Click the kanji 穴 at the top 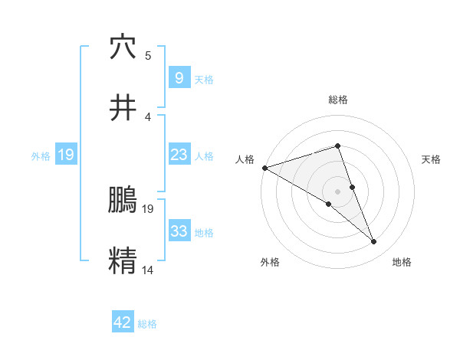tap(123, 47)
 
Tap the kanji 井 tap(123, 108)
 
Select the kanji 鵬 tap(123, 201)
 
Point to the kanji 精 tap(123, 260)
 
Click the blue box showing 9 tap(178, 78)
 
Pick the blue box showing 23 tap(178, 155)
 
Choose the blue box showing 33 tap(178, 231)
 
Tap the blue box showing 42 tap(123, 322)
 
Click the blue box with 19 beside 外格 tap(65, 155)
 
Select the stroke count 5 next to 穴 tap(148, 56)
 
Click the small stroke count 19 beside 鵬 tap(148, 208)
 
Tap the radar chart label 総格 tap(338, 100)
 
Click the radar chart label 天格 tap(432, 159)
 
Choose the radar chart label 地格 tap(402, 263)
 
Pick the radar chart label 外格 tap(270, 263)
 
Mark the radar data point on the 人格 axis tap(264, 168)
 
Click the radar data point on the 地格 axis tap(374, 242)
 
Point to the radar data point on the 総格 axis tap(338, 146)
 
